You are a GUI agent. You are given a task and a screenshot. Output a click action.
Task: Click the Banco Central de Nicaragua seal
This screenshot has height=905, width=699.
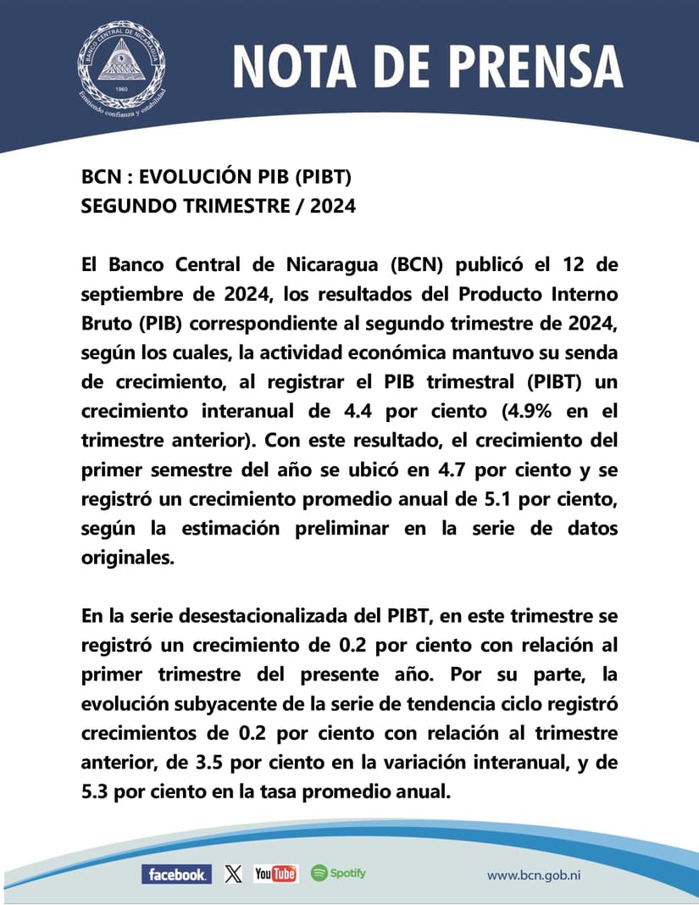click(121, 64)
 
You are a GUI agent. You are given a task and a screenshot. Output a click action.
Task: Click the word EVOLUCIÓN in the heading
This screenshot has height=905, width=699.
click(182, 178)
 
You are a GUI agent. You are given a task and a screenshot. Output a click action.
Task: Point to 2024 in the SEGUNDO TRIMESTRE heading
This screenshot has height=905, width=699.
click(333, 206)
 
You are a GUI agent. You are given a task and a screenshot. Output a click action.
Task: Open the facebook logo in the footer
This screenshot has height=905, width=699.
click(176, 874)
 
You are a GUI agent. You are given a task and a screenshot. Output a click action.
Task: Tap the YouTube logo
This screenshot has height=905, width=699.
click(275, 874)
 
